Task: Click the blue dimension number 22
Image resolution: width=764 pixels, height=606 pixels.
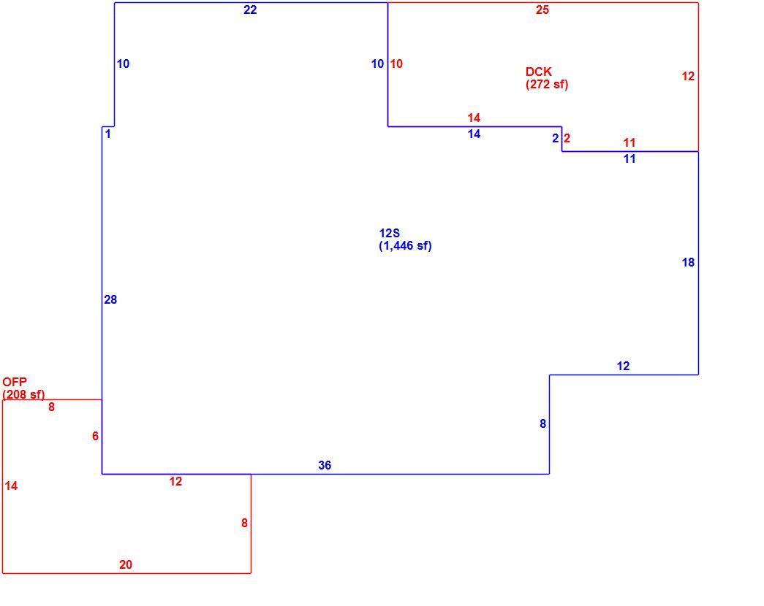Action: click(250, 9)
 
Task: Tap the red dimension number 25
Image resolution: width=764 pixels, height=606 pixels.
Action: click(542, 9)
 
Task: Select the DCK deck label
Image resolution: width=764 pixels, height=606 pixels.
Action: click(538, 72)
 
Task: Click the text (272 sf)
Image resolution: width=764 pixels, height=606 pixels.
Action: click(547, 85)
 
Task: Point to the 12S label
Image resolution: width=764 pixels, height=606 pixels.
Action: click(389, 234)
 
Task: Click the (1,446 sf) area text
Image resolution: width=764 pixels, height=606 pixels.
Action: click(405, 246)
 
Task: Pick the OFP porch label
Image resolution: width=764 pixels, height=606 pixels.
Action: click(15, 382)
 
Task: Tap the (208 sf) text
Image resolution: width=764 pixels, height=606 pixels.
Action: click(23, 394)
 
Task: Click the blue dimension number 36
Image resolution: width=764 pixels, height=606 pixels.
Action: click(325, 465)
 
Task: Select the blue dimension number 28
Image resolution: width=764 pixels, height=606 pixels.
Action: click(110, 300)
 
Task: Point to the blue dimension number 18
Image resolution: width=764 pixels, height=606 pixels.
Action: click(688, 263)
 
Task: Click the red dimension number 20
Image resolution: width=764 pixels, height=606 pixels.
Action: click(126, 564)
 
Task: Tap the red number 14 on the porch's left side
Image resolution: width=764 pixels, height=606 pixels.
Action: click(11, 486)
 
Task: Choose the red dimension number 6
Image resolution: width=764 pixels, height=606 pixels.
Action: click(95, 436)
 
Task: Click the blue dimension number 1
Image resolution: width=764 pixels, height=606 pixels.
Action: click(108, 134)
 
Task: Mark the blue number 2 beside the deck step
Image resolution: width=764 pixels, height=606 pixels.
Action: click(556, 138)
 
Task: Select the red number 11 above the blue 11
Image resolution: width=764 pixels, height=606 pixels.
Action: click(629, 142)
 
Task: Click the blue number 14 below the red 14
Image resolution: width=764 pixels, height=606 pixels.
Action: click(474, 134)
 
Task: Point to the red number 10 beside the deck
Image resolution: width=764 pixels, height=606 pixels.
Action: click(396, 64)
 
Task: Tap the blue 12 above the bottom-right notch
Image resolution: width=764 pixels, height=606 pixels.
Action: click(623, 366)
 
